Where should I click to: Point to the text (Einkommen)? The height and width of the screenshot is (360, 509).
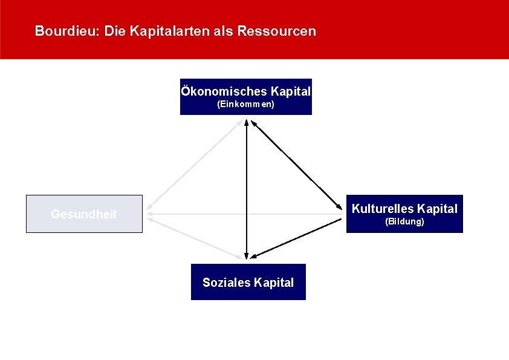(x=245, y=105)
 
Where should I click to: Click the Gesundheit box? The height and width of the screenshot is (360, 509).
(x=84, y=214)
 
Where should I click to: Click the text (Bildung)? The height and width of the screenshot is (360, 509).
(x=404, y=222)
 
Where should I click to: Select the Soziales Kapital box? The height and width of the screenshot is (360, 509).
(x=248, y=282)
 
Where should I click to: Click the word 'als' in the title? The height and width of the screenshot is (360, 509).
(x=224, y=31)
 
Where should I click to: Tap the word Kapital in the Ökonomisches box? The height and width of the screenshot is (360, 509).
(x=291, y=92)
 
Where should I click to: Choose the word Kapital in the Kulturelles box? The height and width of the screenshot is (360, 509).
(x=437, y=209)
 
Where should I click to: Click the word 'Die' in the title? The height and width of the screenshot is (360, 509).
(x=113, y=31)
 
